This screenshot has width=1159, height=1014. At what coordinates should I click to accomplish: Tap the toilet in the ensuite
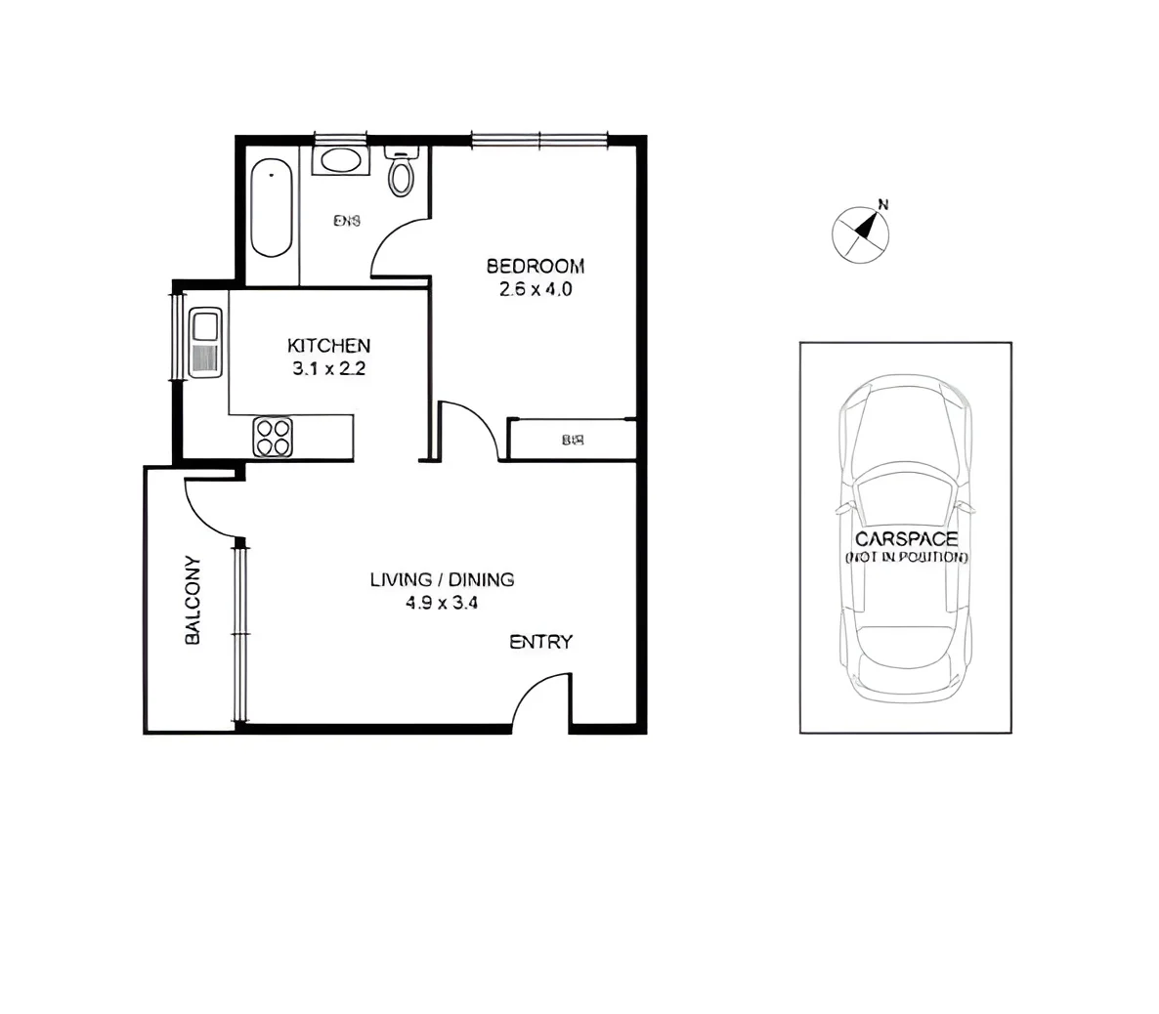(x=402, y=173)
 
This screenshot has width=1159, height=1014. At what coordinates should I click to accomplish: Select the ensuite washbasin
(x=341, y=160)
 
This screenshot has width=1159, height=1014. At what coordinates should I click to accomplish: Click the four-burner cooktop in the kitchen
(x=273, y=436)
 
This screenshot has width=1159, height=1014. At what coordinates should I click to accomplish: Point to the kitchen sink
(x=206, y=324)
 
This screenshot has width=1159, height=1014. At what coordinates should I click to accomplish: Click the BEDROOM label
(x=535, y=266)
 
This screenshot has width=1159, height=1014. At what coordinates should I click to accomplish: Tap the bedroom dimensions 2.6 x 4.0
(x=535, y=290)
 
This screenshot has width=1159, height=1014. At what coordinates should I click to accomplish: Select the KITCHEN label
(x=328, y=346)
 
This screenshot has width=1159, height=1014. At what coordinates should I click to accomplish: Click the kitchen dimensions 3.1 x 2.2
(x=328, y=369)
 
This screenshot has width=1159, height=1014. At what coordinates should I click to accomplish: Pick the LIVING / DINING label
(x=442, y=579)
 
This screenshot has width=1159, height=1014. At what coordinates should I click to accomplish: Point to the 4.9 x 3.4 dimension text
(x=442, y=604)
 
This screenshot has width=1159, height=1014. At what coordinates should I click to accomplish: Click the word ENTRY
(x=540, y=642)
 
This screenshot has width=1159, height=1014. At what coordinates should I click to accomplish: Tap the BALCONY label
(x=193, y=600)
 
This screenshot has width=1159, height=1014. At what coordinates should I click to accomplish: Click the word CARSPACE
(x=906, y=539)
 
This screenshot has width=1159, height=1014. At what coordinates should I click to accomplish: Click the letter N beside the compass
(x=883, y=205)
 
